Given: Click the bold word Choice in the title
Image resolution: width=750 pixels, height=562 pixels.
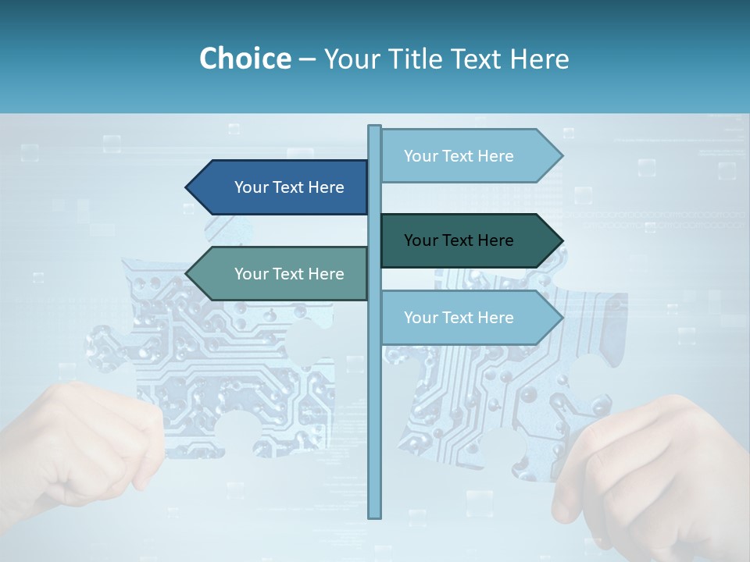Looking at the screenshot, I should point(245,59).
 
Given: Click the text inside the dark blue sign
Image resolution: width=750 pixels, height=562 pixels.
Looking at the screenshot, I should point(289,187).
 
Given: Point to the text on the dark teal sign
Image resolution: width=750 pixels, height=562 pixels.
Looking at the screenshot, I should point(459,240).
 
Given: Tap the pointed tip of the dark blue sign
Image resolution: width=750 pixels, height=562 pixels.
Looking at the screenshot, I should point(188,187).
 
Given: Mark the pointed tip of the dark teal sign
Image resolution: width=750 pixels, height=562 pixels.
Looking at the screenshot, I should point(560,240).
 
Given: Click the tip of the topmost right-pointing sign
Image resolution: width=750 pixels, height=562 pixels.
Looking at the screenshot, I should point(560,156).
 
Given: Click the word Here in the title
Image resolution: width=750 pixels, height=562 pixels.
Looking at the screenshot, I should point(539,59).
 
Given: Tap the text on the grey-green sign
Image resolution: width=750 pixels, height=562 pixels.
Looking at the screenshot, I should point(289,274).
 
